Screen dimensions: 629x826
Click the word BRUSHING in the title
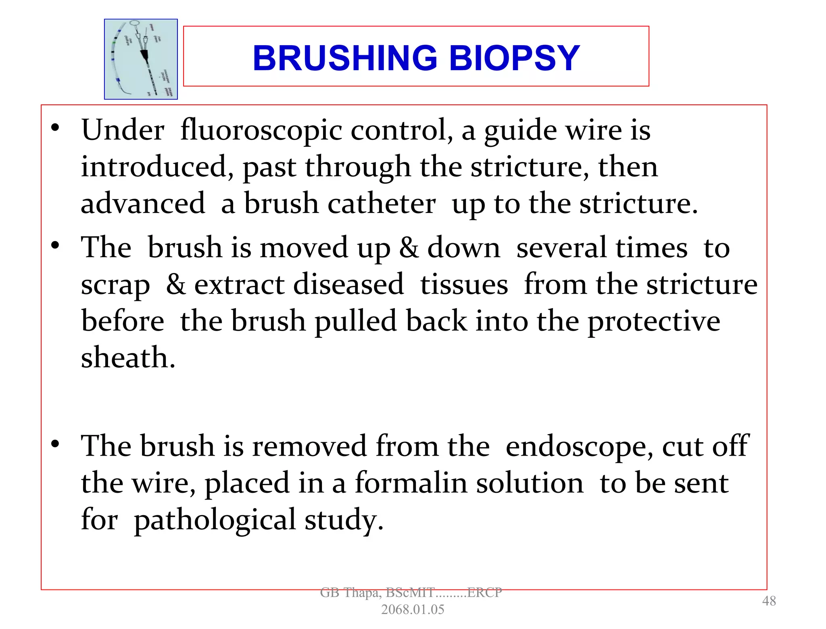point(345,58)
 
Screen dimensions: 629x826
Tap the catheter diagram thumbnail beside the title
point(141,59)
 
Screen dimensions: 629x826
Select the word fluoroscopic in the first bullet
point(261,130)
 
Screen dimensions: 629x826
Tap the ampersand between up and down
point(409,247)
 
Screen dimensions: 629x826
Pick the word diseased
point(348,284)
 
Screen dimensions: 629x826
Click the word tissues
point(464,284)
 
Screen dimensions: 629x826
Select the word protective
point(653,321)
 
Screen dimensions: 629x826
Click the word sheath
point(128,358)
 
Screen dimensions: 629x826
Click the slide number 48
point(769,601)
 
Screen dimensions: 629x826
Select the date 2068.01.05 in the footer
point(413,610)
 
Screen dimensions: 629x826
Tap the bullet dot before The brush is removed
point(56,444)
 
